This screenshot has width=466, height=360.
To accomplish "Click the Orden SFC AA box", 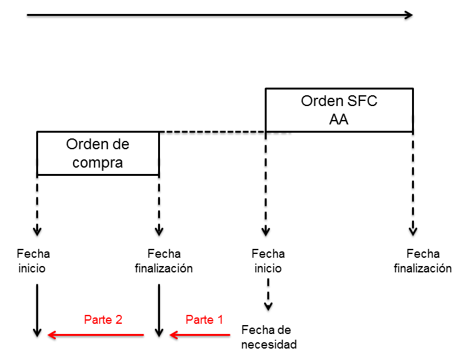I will pos(339,110).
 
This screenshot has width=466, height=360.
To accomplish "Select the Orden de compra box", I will pos(98,153).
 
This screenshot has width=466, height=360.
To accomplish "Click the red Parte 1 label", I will pos(204,320).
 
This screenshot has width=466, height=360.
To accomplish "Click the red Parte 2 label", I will pos(103,320).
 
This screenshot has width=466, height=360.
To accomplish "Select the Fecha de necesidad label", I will pos(266,337).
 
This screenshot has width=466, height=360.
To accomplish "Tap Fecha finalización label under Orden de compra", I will pos(164,261).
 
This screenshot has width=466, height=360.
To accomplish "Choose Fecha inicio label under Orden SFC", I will pos(268,261).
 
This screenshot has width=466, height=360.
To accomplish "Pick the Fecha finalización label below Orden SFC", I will pos(423,261).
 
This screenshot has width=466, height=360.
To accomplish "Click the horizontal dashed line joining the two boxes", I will pos(212,132).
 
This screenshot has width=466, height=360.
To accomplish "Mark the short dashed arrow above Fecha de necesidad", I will pos(269,296).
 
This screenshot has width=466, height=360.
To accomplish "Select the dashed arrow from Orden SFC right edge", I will pos(413,184).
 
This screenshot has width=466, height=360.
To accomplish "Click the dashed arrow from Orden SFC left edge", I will pos(265,184).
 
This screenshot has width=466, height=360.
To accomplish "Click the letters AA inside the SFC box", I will pos(339,119).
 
